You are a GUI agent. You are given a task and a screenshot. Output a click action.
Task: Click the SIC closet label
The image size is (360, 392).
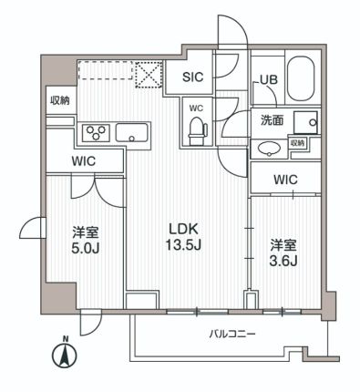(x=193, y=78)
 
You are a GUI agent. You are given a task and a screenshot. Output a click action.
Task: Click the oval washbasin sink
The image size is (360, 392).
(x=270, y=149)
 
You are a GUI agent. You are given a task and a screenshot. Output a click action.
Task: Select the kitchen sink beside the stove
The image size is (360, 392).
(x=135, y=134)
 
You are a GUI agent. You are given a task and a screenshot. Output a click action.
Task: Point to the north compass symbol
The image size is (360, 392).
(x=65, y=354)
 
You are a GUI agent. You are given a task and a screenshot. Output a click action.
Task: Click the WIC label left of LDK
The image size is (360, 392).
(x=85, y=161)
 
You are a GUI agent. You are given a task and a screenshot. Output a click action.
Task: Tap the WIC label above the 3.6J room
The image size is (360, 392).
(x=285, y=181)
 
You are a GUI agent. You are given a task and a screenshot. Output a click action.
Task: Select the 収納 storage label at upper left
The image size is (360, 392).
(x=59, y=99)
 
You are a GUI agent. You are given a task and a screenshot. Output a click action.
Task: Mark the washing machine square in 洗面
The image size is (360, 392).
(x=305, y=120)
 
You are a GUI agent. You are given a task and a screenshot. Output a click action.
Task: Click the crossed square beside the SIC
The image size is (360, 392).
(x=148, y=72)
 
